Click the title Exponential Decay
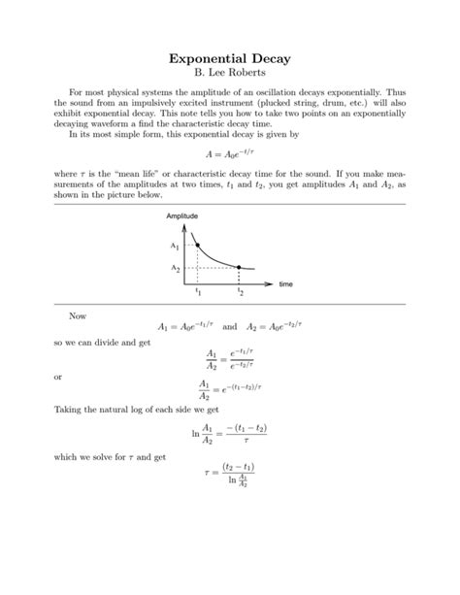[x=230, y=59]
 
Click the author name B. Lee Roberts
[x=230, y=76]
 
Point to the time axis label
[x=285, y=284]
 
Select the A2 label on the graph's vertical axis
[x=175, y=267]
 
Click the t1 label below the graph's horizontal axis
[x=198, y=291]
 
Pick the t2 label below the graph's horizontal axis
[x=240, y=291]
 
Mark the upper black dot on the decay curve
[x=198, y=245]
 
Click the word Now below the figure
[x=78, y=315]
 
